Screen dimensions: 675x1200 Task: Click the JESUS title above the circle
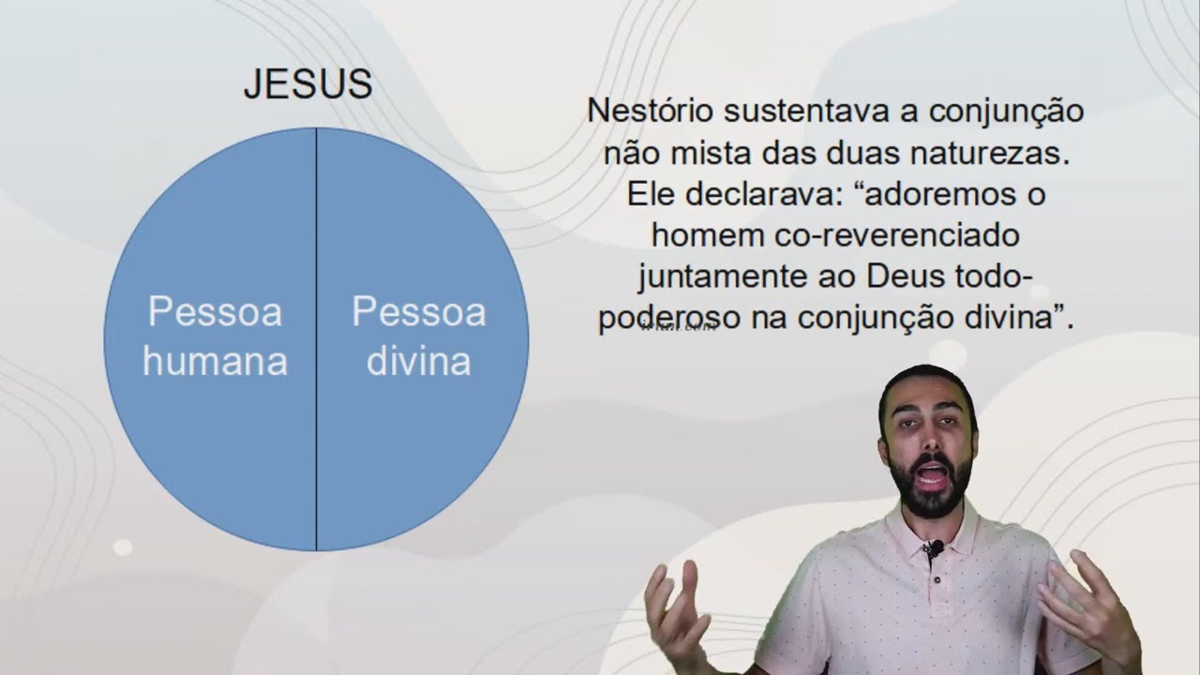pyautogui.click(x=307, y=84)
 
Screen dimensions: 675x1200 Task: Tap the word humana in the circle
pyautogui.click(x=215, y=361)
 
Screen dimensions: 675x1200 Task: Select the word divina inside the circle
pyautogui.click(x=418, y=361)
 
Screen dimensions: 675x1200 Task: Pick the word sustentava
pyautogui.click(x=803, y=111)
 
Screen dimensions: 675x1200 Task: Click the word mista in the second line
pyautogui.click(x=704, y=153)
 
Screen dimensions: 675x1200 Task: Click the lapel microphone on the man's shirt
pyautogui.click(x=932, y=550)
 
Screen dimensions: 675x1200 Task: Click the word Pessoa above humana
pyautogui.click(x=215, y=312)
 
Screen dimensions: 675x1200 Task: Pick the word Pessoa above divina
pyautogui.click(x=418, y=312)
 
